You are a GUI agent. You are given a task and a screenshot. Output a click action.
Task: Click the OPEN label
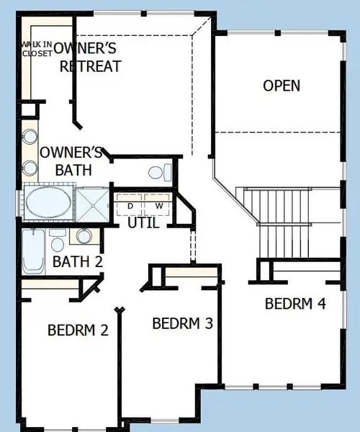pyautogui.click(x=282, y=86)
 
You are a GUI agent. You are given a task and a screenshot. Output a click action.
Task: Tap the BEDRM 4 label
pyautogui.click(x=295, y=303)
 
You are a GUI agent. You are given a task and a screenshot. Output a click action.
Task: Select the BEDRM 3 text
pyautogui.click(x=183, y=323)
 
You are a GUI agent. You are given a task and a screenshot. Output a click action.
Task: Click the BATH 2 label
pyautogui.click(x=77, y=261)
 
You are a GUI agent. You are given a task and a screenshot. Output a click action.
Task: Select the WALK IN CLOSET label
pyautogui.click(x=36, y=48)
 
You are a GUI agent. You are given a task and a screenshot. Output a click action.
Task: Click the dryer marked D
pyautogui.click(x=130, y=205)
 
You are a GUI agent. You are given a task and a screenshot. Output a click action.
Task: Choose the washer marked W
pyautogui.click(x=158, y=205)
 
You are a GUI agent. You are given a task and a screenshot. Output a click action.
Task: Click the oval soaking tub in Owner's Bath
pyautogui.click(x=49, y=203)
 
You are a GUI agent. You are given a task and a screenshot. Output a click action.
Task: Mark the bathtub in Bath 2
pyautogui.click(x=33, y=253)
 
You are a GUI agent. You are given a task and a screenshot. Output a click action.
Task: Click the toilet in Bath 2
pyautogui.click(x=58, y=237)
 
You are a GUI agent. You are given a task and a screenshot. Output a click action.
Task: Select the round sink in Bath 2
pyautogui.click(x=85, y=235)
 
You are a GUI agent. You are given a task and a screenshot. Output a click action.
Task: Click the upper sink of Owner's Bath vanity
pyautogui.click(x=31, y=137)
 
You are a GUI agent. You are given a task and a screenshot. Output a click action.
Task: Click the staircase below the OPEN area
pyautogui.click(x=277, y=216)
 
